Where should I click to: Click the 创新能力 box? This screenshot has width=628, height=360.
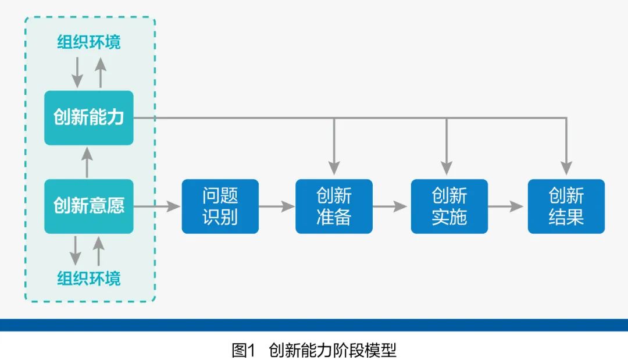[x=89, y=117]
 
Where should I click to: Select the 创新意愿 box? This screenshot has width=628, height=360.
[x=89, y=206]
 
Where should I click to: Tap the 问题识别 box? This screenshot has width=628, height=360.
[x=220, y=206]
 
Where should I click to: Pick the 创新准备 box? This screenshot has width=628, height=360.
[x=334, y=206]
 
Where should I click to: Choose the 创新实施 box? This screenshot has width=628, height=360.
[x=449, y=206]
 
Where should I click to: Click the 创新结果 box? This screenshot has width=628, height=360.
[x=566, y=206]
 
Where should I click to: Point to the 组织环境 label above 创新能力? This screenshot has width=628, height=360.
[x=89, y=42]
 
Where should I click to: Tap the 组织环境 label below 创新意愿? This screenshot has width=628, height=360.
[x=89, y=278]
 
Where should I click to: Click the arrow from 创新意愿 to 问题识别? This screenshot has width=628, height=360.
[x=157, y=206]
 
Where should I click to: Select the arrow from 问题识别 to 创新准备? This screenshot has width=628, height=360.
[x=277, y=206]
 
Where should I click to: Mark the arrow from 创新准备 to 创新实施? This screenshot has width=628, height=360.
[x=391, y=206]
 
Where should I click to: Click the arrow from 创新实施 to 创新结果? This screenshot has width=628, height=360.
[x=507, y=206]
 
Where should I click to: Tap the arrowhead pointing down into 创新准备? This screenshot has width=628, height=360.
[x=334, y=167]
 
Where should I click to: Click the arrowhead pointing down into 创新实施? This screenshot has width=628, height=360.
[x=446, y=167]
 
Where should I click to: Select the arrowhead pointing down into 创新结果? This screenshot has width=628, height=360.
[x=566, y=167]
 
